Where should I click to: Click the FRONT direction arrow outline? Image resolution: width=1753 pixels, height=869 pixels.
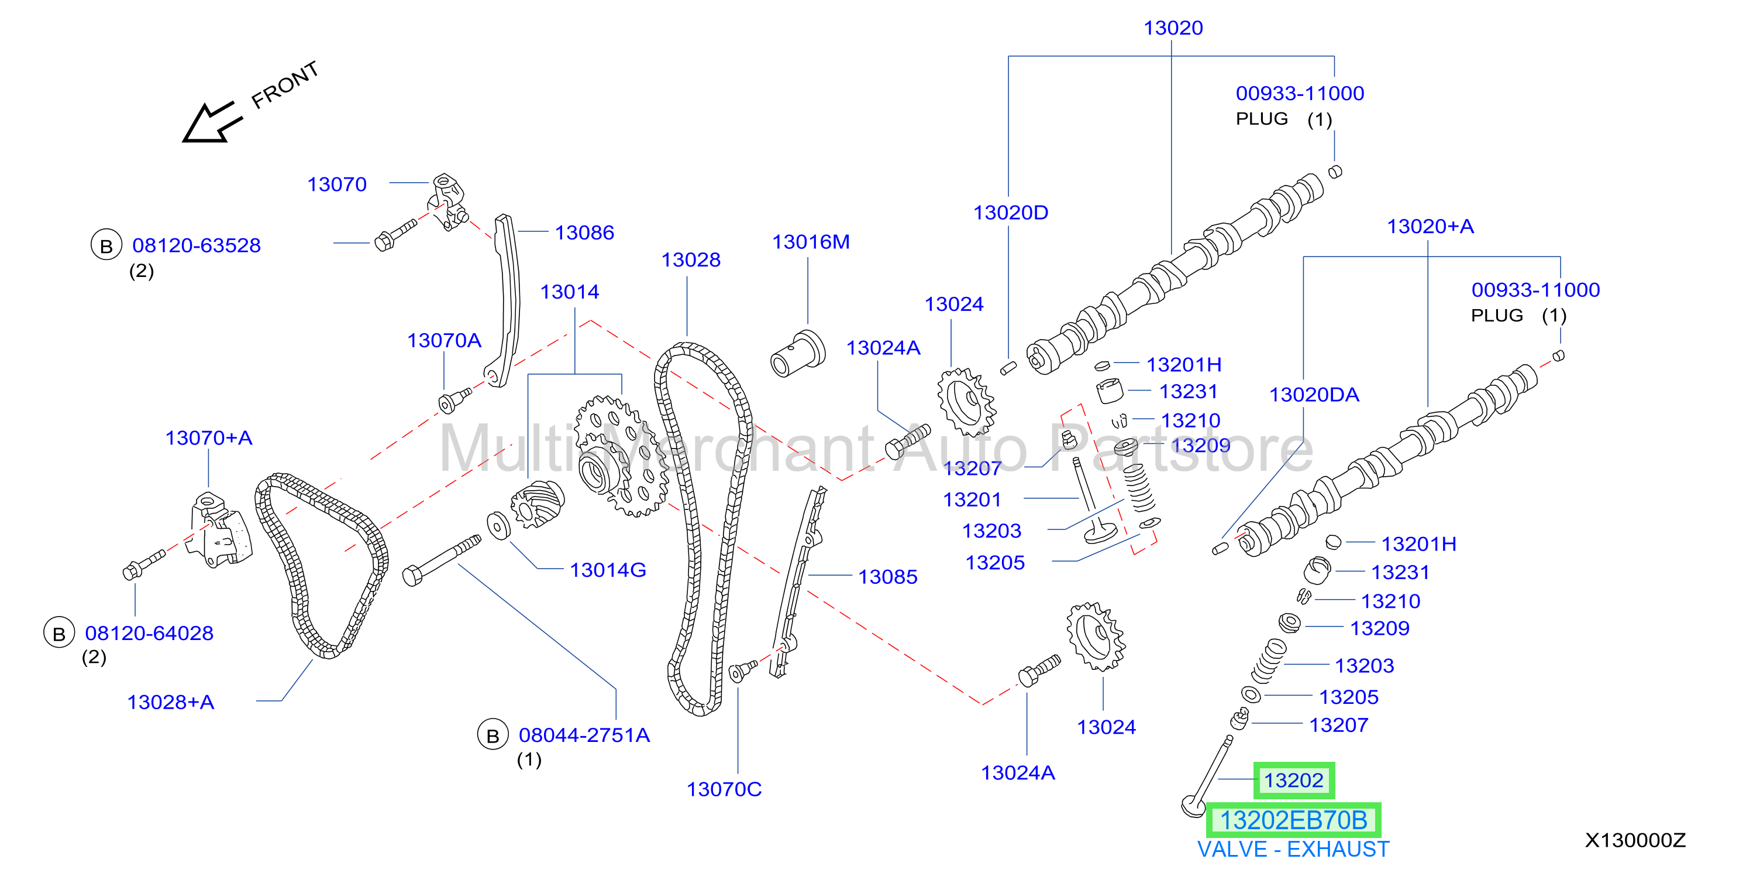[211, 122]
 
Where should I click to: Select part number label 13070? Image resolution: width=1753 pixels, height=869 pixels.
[337, 184]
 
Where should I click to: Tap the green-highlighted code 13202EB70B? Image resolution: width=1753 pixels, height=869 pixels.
[1293, 820]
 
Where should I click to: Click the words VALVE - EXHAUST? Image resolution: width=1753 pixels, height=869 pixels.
[1293, 849]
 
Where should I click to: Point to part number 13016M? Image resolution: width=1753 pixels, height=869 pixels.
[811, 242]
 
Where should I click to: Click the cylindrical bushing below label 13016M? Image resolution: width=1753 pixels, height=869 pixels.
[798, 354]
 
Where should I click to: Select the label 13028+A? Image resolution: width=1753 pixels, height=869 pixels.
[171, 702]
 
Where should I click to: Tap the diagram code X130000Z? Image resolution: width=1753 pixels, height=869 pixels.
[1635, 840]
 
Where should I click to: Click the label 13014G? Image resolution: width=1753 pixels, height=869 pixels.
[608, 570]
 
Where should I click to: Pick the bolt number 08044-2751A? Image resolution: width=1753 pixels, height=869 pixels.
[584, 735]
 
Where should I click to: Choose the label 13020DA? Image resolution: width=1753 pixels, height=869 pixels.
[1314, 395]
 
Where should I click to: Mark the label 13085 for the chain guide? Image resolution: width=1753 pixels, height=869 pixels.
[887, 577]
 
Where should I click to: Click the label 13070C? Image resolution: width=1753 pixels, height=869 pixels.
[724, 789]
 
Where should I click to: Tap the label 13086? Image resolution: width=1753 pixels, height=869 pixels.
[584, 233]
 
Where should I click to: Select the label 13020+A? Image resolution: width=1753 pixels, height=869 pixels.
[1431, 226]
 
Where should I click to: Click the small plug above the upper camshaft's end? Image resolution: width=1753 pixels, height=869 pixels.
[1335, 171]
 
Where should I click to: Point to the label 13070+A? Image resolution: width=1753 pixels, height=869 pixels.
[209, 438]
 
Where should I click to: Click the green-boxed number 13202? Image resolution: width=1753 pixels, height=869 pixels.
[1294, 781]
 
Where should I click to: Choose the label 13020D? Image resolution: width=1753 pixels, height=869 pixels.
[1011, 213]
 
